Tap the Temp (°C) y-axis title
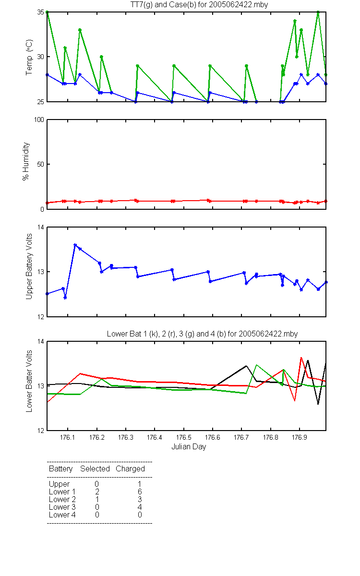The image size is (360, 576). click(x=29, y=57)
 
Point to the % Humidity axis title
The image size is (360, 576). click(x=26, y=161)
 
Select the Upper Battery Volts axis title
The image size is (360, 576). click(x=29, y=267)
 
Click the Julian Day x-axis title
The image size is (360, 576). click(x=189, y=447)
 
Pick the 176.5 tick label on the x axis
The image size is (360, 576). click(x=183, y=437)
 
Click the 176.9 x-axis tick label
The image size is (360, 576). click(x=300, y=437)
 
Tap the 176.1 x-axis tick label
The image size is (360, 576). click(x=68, y=437)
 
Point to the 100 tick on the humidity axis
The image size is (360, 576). click(x=39, y=120)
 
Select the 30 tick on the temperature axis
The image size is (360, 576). click(x=41, y=57)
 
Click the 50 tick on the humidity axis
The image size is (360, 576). click(x=41, y=164)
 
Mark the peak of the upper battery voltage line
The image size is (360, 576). click(x=75, y=245)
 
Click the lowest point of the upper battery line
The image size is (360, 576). click(x=65, y=298)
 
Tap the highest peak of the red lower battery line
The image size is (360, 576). click(x=301, y=358)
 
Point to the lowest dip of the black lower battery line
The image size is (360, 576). click(x=318, y=404)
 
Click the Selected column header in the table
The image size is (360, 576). click(x=95, y=469)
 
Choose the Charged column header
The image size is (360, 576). click(x=130, y=469)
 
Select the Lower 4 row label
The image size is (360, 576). click(x=62, y=515)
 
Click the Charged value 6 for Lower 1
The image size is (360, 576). click(x=140, y=492)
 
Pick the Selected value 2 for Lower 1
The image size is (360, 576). click(x=97, y=492)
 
